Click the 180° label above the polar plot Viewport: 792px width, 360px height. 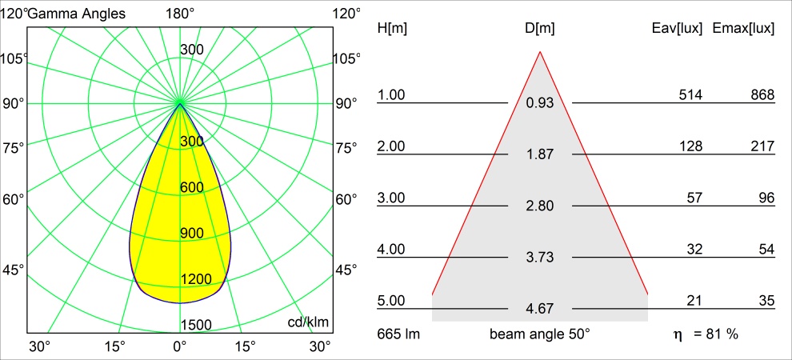(180, 14)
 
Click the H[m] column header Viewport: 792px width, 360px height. (392, 29)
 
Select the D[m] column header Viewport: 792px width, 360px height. (540, 29)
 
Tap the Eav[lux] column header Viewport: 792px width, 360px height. (678, 29)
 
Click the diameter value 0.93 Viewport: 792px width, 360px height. (540, 103)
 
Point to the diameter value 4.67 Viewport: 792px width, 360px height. (540, 309)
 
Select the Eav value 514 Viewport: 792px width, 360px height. (690, 95)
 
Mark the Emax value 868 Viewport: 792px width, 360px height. (762, 95)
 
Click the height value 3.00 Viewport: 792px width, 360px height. (392, 198)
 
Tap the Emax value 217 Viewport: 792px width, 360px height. (762, 146)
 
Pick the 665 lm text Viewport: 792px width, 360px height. (398, 334)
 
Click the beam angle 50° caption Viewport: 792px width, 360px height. (540, 334)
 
